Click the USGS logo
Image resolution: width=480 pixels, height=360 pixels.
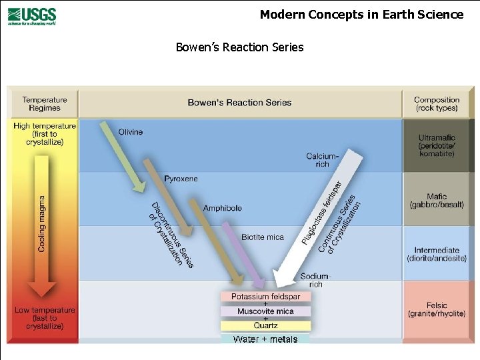click(x=32, y=15)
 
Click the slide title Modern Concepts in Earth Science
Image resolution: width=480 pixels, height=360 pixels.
click(x=361, y=14)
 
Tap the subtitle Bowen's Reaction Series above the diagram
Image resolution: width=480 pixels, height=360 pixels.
click(x=239, y=47)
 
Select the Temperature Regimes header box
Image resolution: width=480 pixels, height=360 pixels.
click(x=45, y=103)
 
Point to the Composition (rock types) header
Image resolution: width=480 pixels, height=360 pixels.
click(x=437, y=103)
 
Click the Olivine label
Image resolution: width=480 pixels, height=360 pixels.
click(x=131, y=132)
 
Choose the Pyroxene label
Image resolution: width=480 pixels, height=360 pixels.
click(x=181, y=179)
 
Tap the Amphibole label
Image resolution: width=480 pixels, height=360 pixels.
click(x=222, y=208)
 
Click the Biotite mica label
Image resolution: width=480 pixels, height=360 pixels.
click(x=263, y=237)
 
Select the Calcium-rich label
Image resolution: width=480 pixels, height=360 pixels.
click(x=322, y=160)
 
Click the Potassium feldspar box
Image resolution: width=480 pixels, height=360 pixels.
click(x=266, y=297)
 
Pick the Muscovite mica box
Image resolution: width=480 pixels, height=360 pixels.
click(x=266, y=311)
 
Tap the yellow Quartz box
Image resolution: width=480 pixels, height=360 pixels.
click(x=266, y=325)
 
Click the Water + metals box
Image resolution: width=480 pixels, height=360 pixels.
click(x=265, y=339)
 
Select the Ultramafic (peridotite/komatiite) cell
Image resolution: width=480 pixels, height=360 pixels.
click(x=437, y=145)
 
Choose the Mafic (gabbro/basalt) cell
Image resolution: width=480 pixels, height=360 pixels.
click(x=437, y=201)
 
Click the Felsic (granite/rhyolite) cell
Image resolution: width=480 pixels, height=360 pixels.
click(x=437, y=309)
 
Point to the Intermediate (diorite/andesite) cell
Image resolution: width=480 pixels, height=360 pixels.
click(x=437, y=254)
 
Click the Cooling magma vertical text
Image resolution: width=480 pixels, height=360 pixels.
click(x=43, y=223)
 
